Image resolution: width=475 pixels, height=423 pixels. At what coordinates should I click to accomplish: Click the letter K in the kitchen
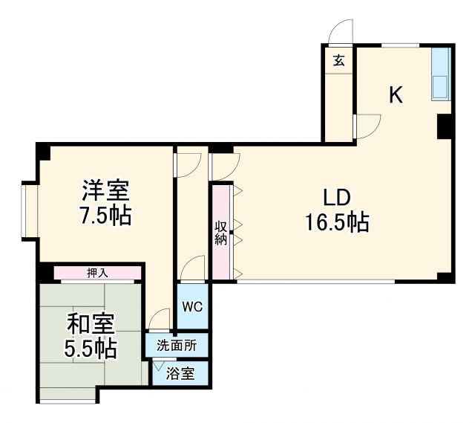396,95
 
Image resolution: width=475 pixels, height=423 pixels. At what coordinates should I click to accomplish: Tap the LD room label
335,198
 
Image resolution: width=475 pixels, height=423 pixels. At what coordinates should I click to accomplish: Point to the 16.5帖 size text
336,222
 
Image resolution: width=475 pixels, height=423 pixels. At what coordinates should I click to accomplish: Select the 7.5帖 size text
105,216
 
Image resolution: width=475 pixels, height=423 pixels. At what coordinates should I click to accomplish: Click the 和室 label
91,324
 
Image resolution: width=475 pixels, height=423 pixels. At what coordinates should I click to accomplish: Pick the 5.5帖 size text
91,348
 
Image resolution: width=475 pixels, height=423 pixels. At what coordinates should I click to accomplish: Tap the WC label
193,306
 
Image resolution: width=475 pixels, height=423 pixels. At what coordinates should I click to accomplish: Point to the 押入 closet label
97,273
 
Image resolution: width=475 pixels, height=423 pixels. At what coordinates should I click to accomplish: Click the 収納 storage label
220,232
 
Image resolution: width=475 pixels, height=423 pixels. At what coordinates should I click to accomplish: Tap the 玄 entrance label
338,61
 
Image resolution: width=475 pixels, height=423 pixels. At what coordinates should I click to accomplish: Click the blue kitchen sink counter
441,74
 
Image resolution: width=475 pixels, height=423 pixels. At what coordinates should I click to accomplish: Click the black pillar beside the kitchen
445,126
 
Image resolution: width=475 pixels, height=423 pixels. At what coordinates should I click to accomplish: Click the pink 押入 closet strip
97,273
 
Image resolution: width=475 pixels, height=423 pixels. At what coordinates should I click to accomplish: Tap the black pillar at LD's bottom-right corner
445,277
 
